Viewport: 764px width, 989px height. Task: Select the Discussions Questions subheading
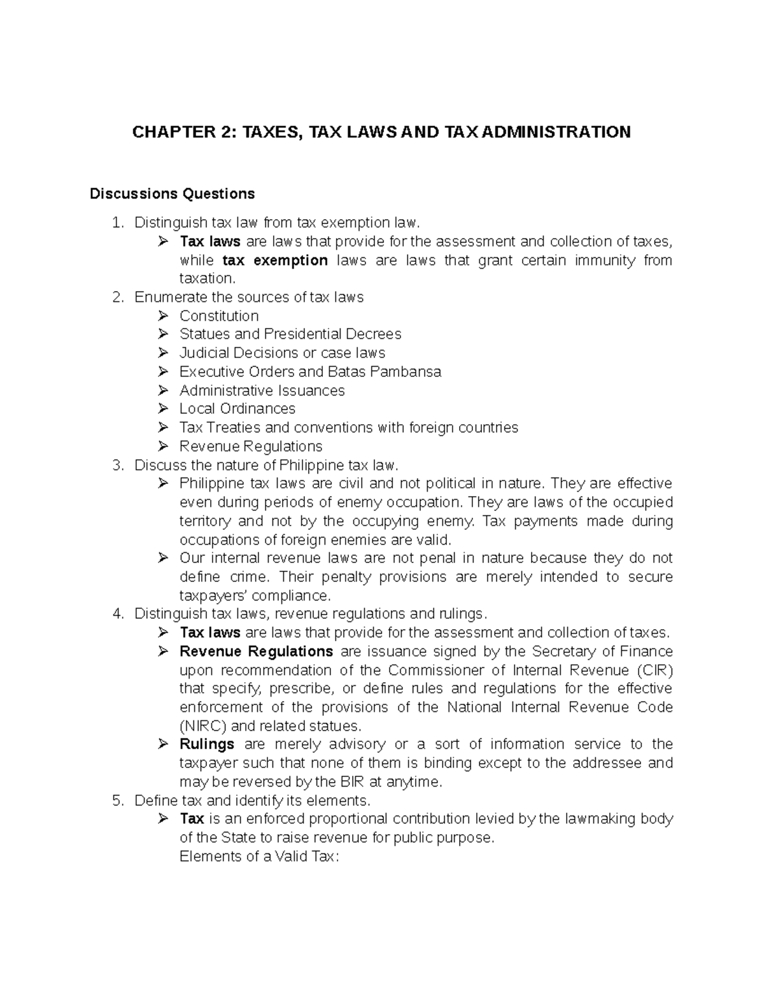click(172, 194)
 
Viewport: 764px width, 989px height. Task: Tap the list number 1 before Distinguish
click(115, 223)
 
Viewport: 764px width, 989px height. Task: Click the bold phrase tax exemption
click(275, 260)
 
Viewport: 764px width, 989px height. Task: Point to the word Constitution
click(219, 316)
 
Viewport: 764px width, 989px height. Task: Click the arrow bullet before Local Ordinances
click(164, 409)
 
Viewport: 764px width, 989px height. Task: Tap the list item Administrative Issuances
click(262, 390)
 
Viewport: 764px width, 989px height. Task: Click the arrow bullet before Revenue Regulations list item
click(164, 446)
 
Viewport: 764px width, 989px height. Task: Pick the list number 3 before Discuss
click(115, 465)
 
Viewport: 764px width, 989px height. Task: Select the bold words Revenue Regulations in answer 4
click(256, 651)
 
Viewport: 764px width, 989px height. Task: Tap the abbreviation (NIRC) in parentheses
click(202, 726)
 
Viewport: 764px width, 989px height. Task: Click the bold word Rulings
click(207, 744)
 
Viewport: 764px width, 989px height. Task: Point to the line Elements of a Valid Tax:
click(260, 857)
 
